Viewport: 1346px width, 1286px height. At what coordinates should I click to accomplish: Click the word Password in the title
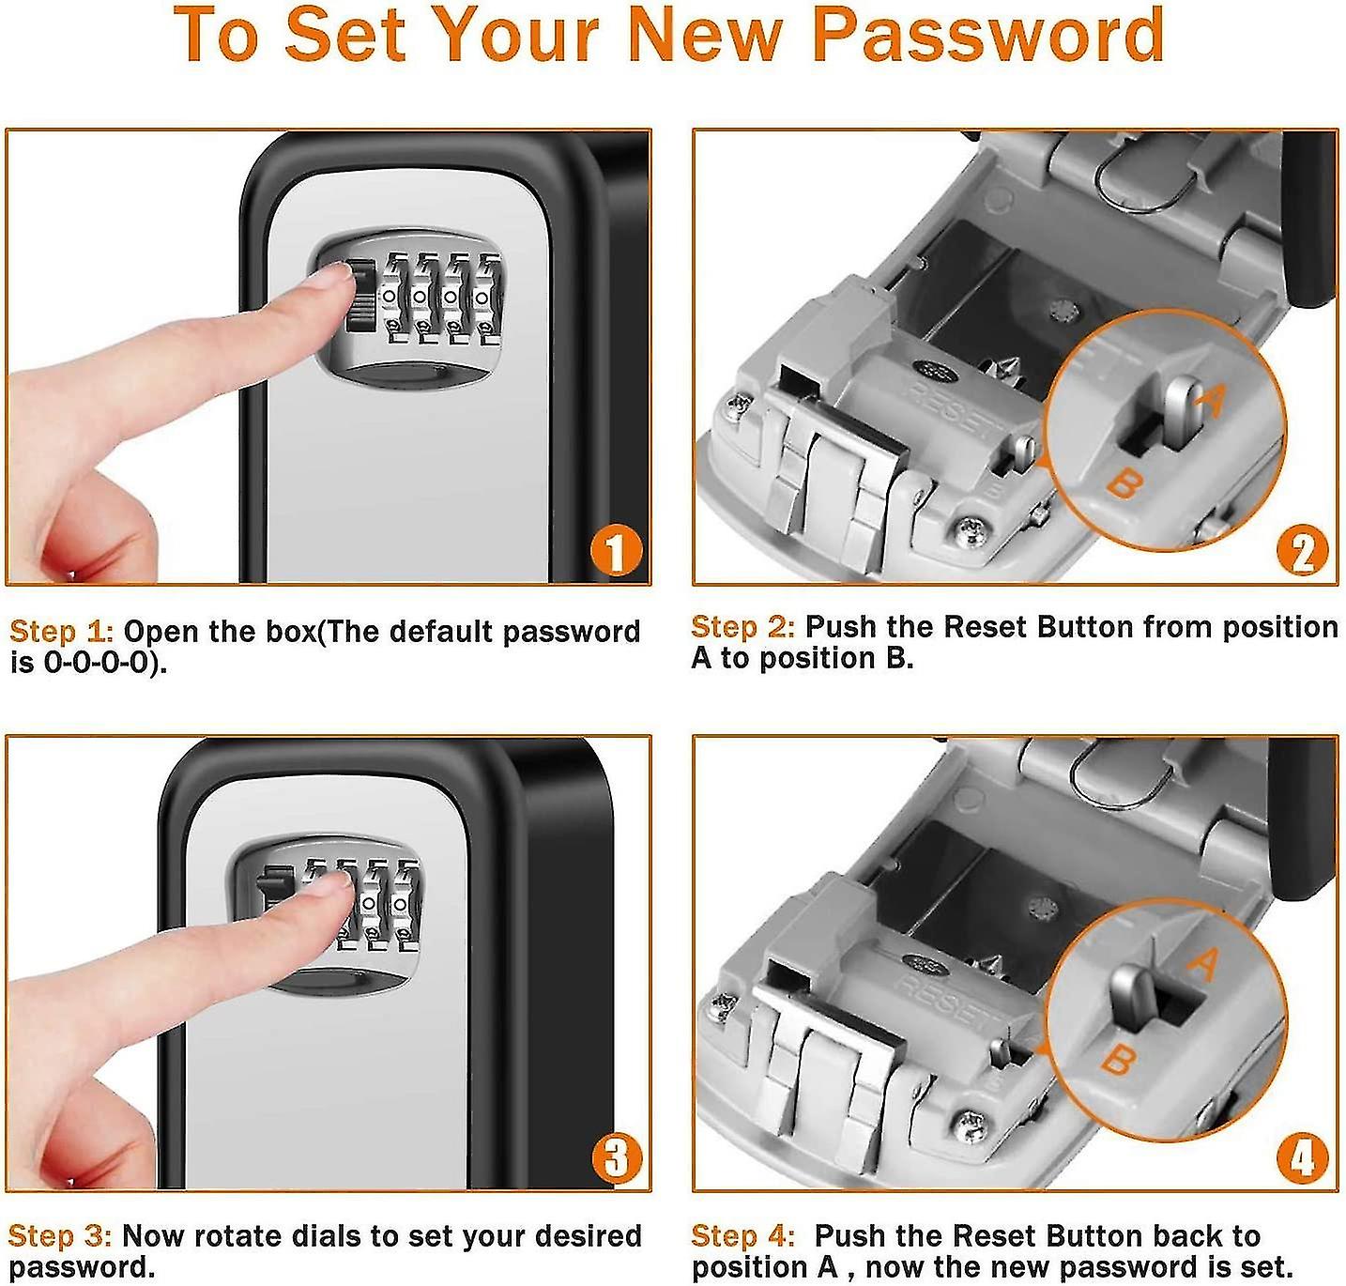point(987,36)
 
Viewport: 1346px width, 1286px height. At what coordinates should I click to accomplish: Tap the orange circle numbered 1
point(615,552)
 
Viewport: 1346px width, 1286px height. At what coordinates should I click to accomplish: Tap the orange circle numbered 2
point(1303,552)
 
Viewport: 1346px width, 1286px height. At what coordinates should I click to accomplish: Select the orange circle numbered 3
point(617,1158)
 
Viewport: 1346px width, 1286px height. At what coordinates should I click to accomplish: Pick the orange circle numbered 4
point(1303,1158)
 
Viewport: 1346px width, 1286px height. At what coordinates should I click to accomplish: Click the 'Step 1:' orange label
point(61,632)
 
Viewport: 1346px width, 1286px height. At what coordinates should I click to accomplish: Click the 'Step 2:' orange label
point(742,627)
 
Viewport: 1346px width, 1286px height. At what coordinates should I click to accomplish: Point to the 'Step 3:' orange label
point(60,1236)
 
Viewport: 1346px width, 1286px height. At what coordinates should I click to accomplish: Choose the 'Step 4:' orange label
point(742,1236)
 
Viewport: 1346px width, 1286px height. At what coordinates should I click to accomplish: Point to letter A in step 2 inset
point(1211,402)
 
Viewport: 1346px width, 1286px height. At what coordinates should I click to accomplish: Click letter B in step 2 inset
point(1124,484)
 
